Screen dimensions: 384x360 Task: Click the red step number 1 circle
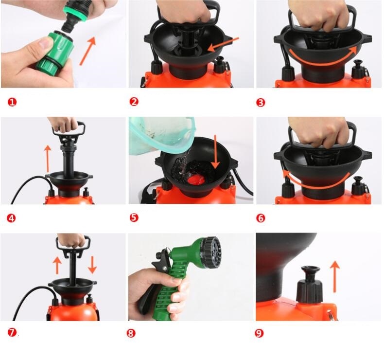[12, 102]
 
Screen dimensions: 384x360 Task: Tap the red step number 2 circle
[134, 102]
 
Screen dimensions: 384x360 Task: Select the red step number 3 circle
[261, 103]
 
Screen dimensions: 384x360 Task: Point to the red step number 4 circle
[11, 218]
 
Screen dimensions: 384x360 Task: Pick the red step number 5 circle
[134, 217]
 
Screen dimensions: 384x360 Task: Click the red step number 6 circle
[261, 218]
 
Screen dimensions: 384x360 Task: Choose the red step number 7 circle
[12, 333]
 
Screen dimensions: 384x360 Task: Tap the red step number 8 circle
[131, 333]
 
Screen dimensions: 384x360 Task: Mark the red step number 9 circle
[259, 333]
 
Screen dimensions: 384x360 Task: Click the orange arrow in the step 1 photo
[87, 51]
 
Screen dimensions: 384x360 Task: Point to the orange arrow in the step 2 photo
[223, 45]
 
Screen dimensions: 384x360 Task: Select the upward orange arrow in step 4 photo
[48, 158]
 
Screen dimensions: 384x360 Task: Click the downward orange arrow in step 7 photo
[92, 265]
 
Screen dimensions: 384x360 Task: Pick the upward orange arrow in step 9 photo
[335, 277]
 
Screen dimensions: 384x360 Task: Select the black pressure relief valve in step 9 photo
[310, 284]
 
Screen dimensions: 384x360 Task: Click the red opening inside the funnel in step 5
[195, 180]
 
